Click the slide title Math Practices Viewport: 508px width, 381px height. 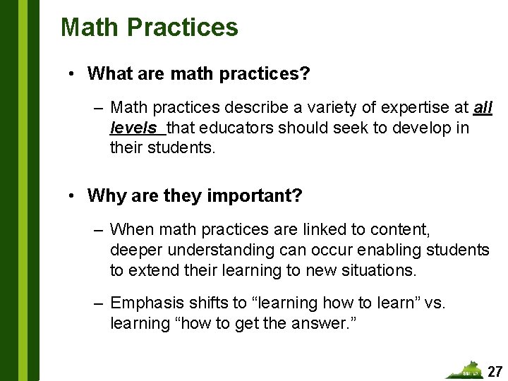pyautogui.click(x=150, y=28)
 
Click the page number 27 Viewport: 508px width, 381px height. pyautogui.click(x=495, y=371)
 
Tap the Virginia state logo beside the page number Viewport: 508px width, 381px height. pyautogui.click(x=465, y=369)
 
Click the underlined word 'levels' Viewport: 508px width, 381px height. pyautogui.click(x=133, y=128)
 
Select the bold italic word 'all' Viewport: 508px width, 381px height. pyautogui.click(x=483, y=108)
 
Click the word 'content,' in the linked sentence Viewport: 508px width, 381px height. pyautogui.click(x=399, y=230)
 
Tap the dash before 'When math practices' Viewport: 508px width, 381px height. pyautogui.click(x=98, y=230)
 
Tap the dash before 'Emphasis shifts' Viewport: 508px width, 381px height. pyautogui.click(x=98, y=303)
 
